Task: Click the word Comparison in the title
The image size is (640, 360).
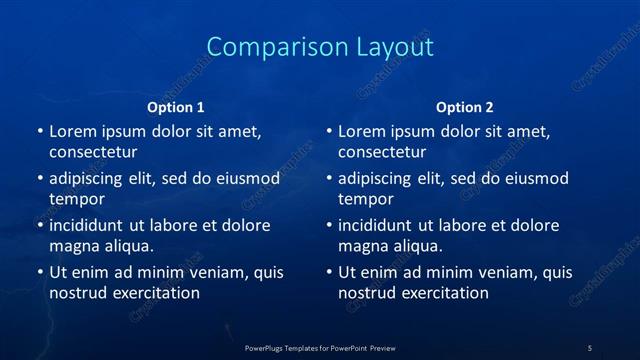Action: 267,47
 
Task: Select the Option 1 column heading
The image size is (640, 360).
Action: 176,107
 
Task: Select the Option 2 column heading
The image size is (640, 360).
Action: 465,107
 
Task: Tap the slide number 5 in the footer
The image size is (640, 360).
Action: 590,348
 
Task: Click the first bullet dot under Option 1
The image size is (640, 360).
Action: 39,131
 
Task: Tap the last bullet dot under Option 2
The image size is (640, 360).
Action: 328,272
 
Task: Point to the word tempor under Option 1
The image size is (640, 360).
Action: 77,199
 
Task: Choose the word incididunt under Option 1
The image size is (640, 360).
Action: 91,225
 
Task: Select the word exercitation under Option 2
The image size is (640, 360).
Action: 443,293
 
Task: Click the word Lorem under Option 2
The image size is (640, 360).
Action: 361,131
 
